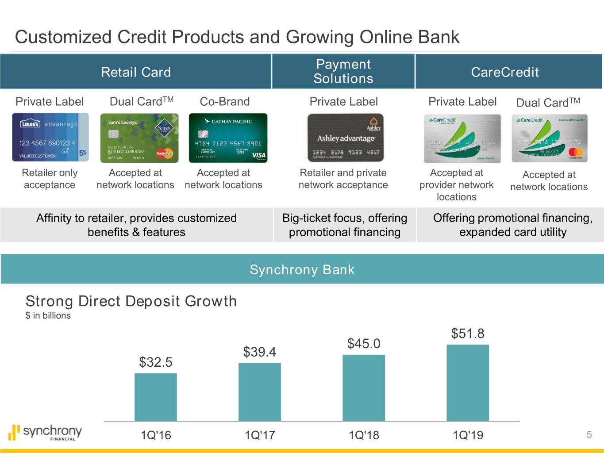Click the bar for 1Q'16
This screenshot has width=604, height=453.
pos(155,397)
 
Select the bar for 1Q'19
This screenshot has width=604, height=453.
pos(468,383)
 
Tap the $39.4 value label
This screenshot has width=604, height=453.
pos(259,352)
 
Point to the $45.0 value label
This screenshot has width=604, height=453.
pos(363,344)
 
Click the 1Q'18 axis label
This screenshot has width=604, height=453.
pos(363,435)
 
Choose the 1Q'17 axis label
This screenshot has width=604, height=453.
pos(259,435)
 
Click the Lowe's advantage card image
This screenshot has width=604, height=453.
pos(50,138)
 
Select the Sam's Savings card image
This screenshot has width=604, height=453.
pos(139,138)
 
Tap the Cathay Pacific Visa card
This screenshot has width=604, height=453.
pos(228,138)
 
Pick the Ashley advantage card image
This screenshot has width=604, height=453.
pos(345,138)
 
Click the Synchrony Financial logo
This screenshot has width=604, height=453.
pos(46,433)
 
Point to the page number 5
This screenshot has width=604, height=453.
pos(589,434)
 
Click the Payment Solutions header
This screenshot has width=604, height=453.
pos(343,72)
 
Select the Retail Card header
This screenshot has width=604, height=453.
pos(136,72)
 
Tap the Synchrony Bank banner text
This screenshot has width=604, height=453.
pos(302,269)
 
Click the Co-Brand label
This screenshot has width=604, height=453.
pos(224,102)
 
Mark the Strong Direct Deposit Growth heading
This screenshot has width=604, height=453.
pos(131,301)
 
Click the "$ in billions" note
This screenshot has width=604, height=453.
pos(48,315)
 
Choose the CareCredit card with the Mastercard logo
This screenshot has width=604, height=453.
pos(549,138)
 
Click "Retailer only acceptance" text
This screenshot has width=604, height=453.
pos(50,179)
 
